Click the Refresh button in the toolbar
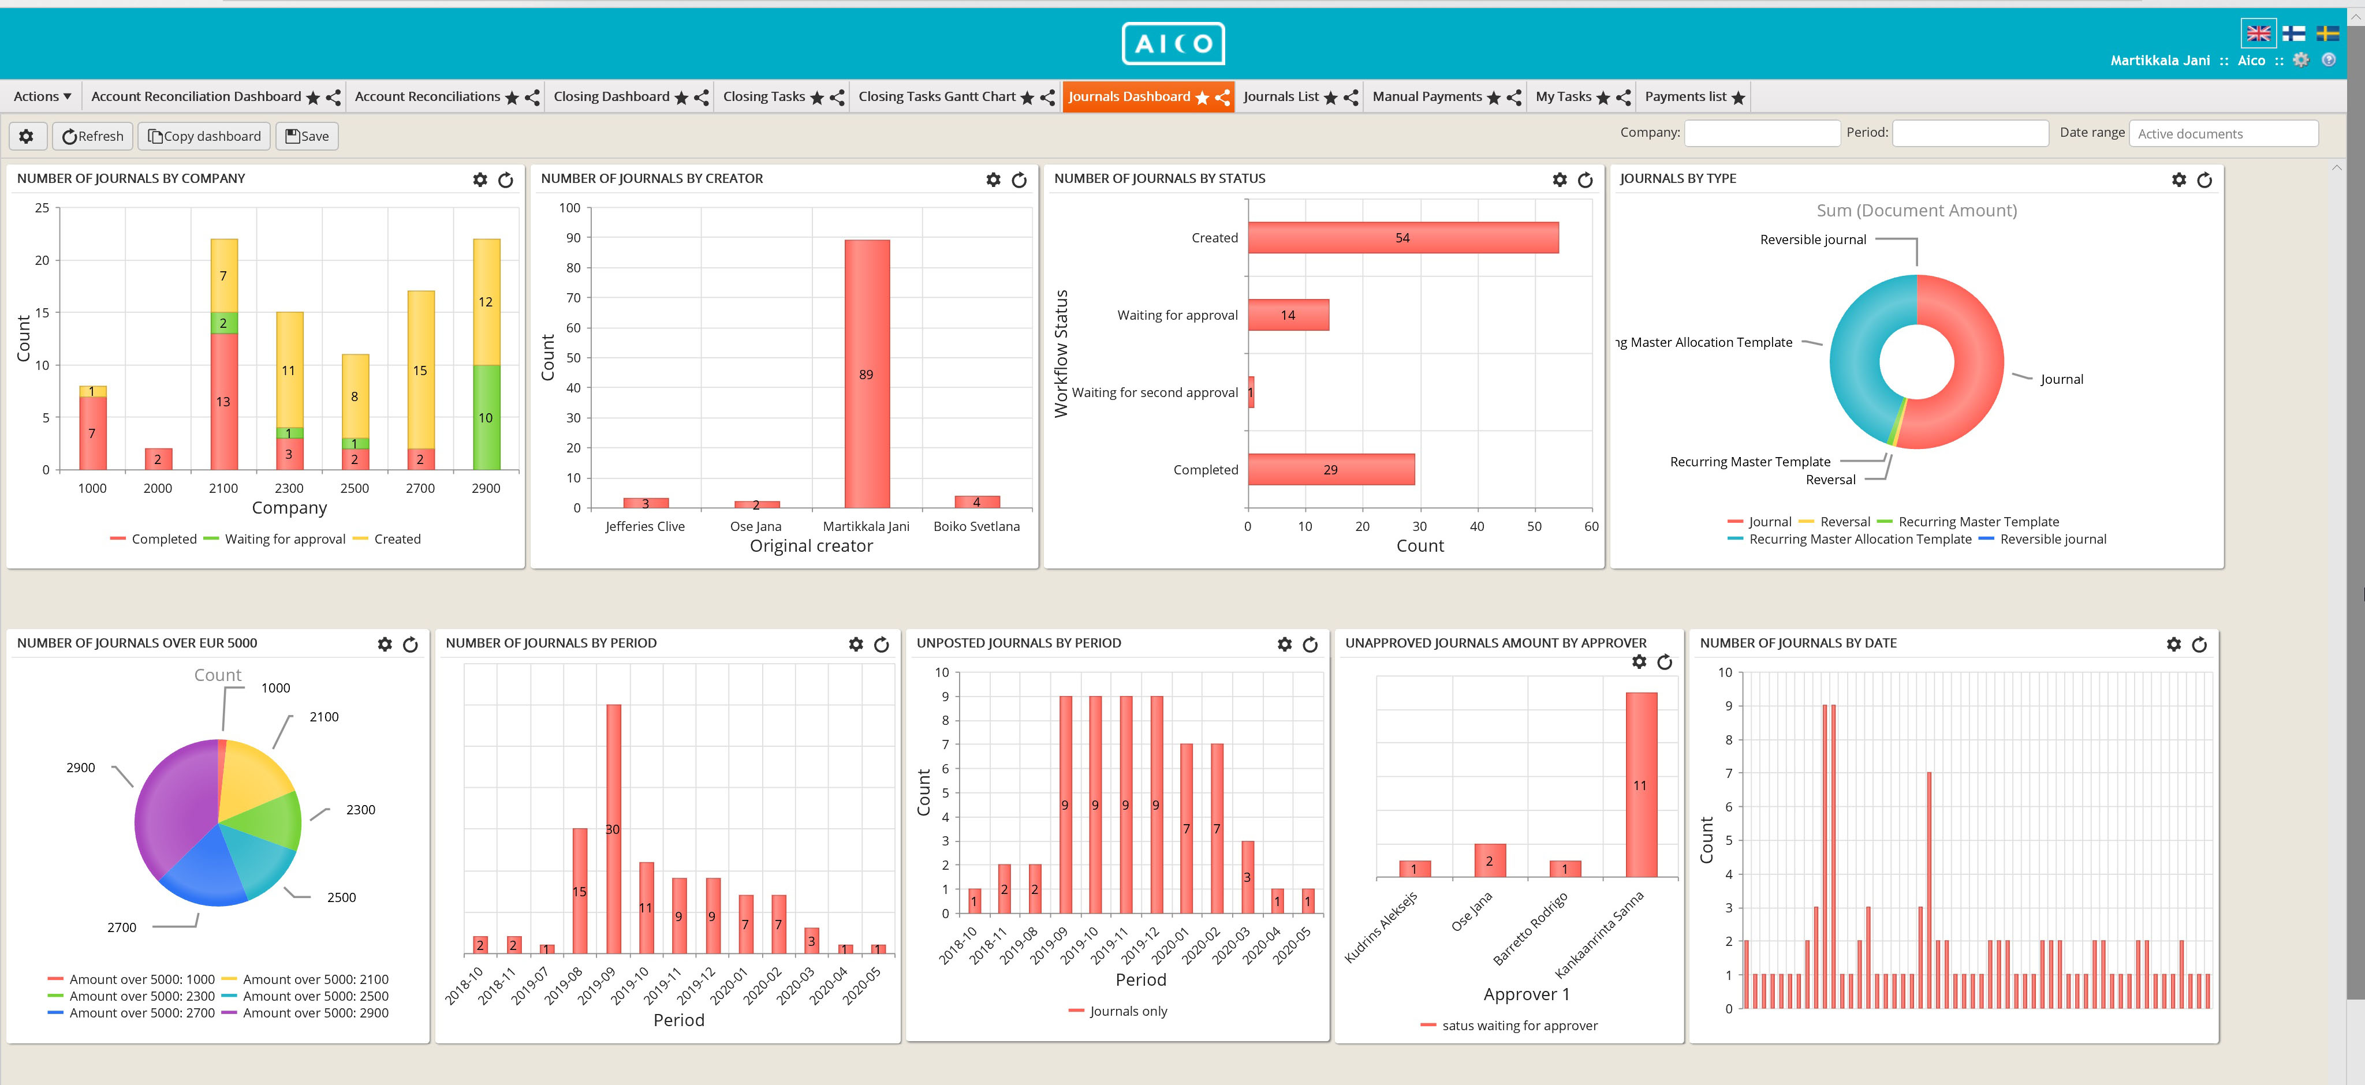tap(93, 136)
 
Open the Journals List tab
tap(1281, 96)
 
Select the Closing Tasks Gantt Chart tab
tap(937, 96)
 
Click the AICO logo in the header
tap(1173, 43)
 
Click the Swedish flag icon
tap(2326, 34)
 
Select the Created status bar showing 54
tap(1402, 238)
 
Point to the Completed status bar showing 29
tap(1330, 469)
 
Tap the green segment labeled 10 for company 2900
tap(486, 418)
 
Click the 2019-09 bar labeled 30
tap(613, 829)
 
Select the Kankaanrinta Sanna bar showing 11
tap(1640, 785)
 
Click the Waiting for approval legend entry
tap(285, 539)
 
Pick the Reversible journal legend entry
tap(2052, 539)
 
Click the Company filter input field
tap(1762, 133)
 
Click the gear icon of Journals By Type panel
tap(2179, 180)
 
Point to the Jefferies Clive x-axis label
tap(644, 526)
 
